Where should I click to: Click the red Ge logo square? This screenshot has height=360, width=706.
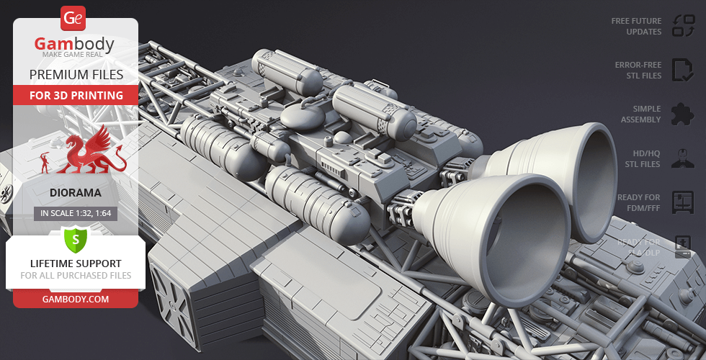tap(74, 17)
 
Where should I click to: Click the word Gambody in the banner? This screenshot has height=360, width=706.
tap(75, 45)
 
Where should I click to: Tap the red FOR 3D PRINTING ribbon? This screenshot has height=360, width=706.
tap(76, 95)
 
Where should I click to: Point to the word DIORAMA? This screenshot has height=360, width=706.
tap(75, 193)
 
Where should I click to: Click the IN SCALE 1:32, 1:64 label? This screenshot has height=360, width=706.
tap(76, 213)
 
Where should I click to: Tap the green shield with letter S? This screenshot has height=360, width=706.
tap(76, 238)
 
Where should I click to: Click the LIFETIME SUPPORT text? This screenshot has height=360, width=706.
tap(76, 264)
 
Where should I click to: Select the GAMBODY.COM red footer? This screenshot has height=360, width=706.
tap(76, 299)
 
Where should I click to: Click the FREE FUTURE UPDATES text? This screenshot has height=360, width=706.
tap(636, 27)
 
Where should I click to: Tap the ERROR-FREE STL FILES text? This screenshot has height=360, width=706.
tap(638, 70)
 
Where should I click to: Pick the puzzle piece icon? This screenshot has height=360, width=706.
tap(682, 114)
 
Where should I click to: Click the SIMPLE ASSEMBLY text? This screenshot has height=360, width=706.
tap(640, 114)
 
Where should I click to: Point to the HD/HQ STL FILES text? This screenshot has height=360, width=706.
tap(642, 159)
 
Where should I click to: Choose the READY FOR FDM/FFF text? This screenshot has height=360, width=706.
tap(638, 202)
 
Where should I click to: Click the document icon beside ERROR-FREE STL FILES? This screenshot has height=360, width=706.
tap(682, 70)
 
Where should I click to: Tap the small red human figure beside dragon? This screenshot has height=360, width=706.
tap(47, 162)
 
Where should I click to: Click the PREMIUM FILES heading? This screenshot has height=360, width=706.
tap(76, 74)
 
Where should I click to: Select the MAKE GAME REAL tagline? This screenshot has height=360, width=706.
tap(75, 55)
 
